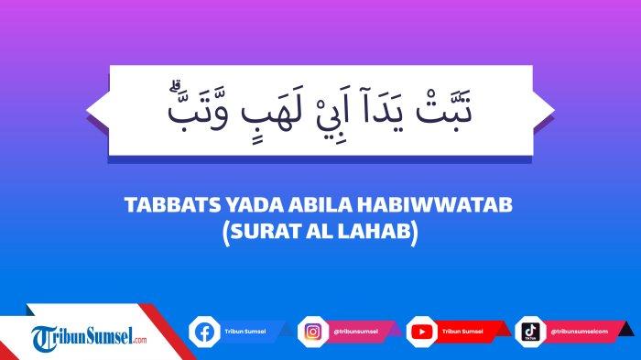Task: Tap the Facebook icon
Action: (204, 331)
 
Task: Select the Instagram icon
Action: (312, 331)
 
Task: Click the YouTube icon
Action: (422, 331)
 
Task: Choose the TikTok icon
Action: (529, 331)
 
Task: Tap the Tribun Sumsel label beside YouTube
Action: (460, 331)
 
